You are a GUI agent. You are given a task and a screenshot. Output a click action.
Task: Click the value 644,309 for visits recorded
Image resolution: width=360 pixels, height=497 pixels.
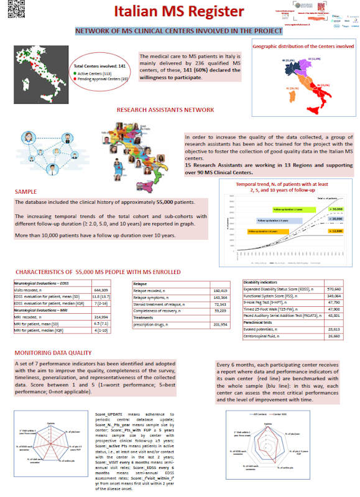click(x=101, y=290)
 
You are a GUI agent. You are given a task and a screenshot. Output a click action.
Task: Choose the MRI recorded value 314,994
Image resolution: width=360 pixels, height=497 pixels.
click(x=101, y=316)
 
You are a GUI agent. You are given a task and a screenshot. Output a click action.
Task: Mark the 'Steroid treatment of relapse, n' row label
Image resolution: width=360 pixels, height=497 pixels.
click(x=154, y=304)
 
